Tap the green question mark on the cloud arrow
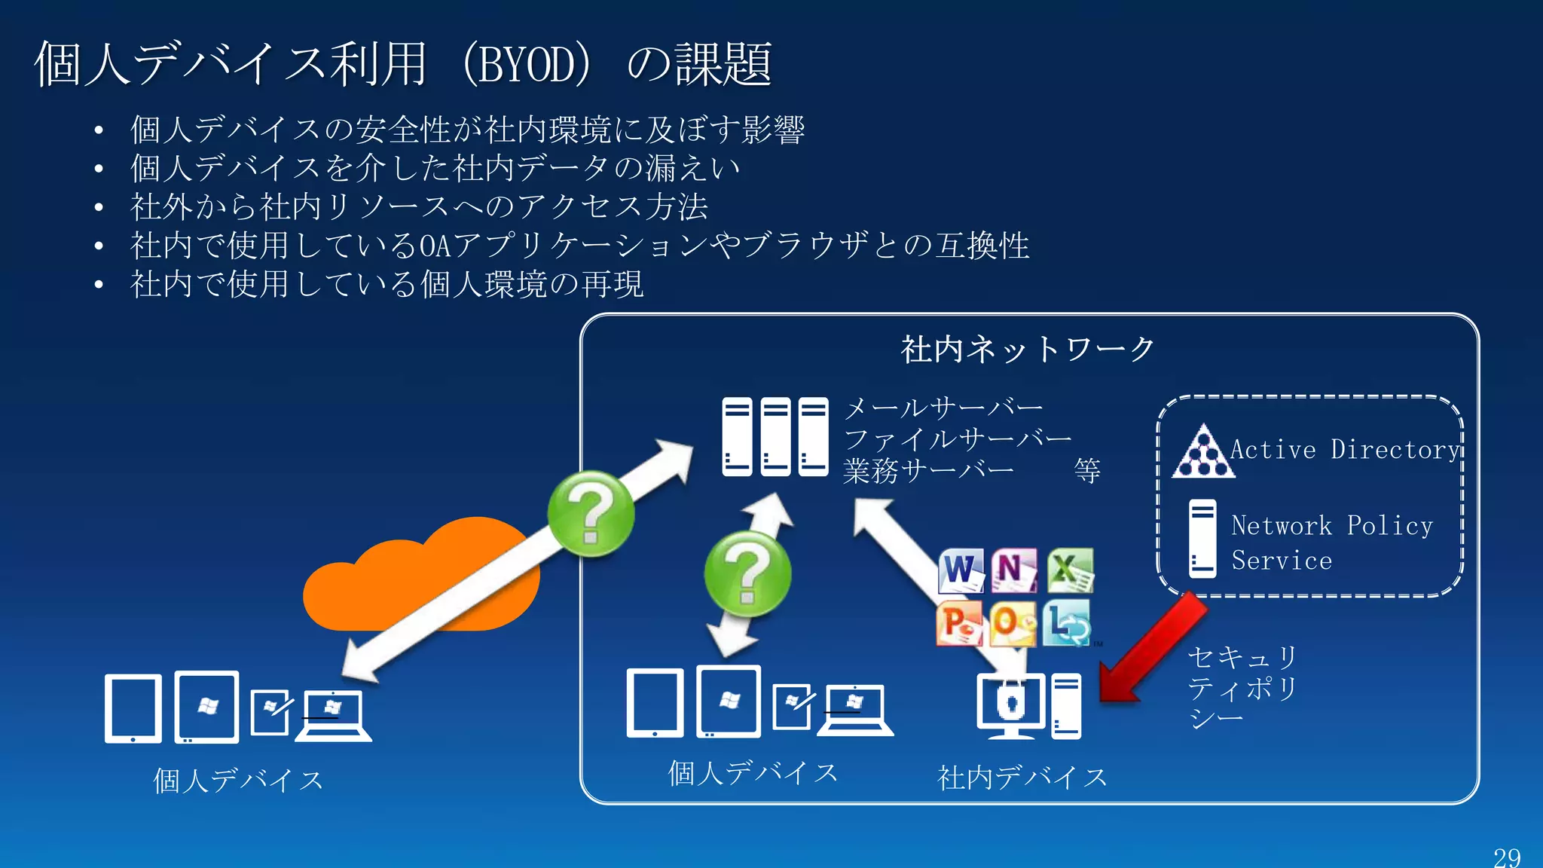coord(591,514)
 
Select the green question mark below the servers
coord(747,574)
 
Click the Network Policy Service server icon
coord(1202,539)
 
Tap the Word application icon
coord(961,570)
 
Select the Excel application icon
coord(1069,570)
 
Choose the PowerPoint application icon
coord(959,624)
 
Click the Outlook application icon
coord(1013,624)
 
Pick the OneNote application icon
coord(1014,570)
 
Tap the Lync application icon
coord(1067,624)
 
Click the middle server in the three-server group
coord(775,437)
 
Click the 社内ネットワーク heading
coord(1028,350)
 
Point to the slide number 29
coord(1507,857)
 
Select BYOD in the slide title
coord(527,65)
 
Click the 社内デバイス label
coord(1022,778)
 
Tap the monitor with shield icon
coord(1011,705)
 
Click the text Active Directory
coord(1344,450)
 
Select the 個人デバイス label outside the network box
coord(238,781)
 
